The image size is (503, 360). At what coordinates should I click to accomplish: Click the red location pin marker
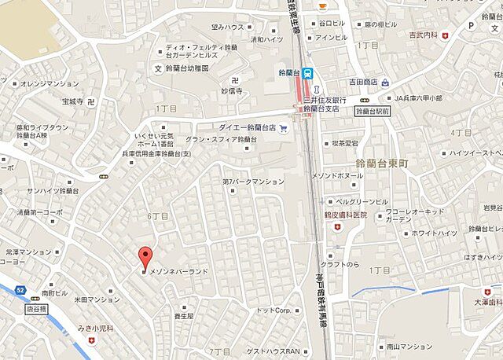(x=144, y=257)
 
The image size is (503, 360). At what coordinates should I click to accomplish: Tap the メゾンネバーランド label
(x=178, y=271)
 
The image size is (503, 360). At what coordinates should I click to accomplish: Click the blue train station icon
(x=309, y=72)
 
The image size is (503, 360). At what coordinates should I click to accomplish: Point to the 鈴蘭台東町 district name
(x=376, y=162)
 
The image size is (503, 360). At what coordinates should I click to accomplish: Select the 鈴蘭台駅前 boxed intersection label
(x=373, y=112)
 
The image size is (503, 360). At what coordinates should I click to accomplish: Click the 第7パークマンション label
(x=253, y=182)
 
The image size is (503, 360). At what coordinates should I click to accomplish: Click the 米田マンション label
(x=97, y=299)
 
